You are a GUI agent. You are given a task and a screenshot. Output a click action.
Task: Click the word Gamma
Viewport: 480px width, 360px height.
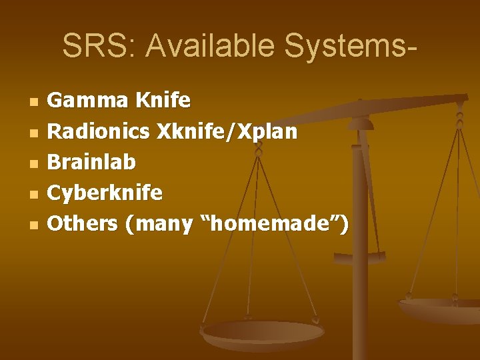pyautogui.click(x=88, y=101)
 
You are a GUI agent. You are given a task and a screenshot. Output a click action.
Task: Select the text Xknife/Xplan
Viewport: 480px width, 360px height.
pyautogui.click(x=227, y=131)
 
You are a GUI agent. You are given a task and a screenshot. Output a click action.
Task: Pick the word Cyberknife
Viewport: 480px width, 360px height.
pyautogui.click(x=105, y=193)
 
